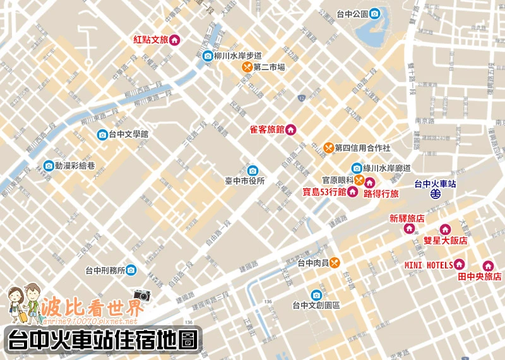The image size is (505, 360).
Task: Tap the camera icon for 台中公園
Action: [x=374, y=13]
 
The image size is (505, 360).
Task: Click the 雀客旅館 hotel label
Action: [x=267, y=130]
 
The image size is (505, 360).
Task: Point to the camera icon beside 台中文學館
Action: [x=102, y=135]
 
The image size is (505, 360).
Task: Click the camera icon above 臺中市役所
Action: [x=252, y=170]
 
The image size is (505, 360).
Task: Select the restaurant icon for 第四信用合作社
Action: [x=328, y=148]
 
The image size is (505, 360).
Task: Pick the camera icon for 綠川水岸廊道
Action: [x=357, y=168]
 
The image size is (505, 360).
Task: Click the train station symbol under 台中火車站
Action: [x=436, y=195]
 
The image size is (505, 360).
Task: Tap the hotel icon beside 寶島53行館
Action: [x=352, y=193]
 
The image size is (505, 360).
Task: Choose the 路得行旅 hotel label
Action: [x=381, y=194]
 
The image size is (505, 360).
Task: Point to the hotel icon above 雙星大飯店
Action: [x=445, y=229]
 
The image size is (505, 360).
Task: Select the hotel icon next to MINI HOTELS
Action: [x=460, y=264]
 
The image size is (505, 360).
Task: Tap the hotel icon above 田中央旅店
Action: [x=488, y=266]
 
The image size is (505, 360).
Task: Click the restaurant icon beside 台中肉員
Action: [x=335, y=263]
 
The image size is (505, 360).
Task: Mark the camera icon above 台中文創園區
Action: [x=316, y=294]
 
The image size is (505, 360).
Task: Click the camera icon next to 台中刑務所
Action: [x=131, y=270]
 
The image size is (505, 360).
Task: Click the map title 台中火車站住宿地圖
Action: [x=101, y=340]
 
